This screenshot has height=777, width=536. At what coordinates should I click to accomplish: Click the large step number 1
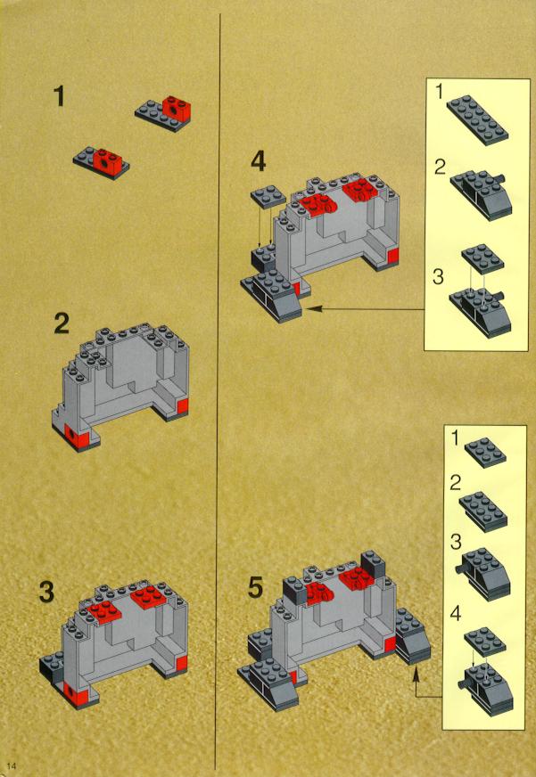(x=59, y=96)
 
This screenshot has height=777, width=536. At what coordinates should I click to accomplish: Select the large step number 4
(x=258, y=162)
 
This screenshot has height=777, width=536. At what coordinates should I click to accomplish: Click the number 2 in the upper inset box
(x=438, y=168)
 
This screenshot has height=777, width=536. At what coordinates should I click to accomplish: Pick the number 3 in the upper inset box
(x=438, y=277)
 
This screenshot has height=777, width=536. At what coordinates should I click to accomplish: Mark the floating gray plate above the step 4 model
(x=268, y=197)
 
